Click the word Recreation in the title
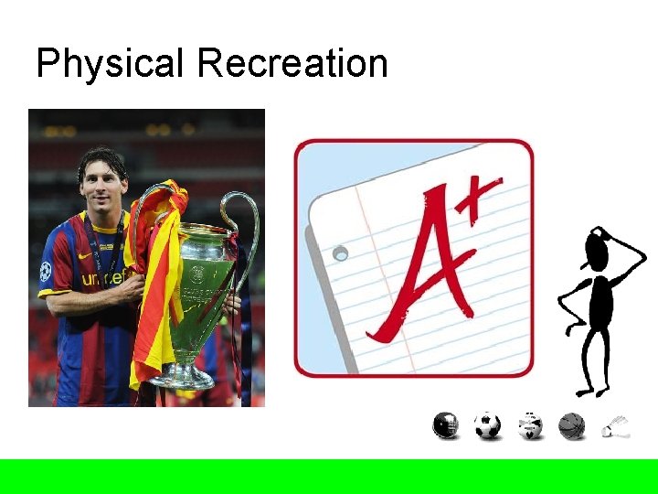tap(292, 64)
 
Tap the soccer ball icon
tap(488, 425)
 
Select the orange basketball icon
tap(571, 425)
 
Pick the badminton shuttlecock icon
tap(615, 426)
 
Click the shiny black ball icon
tap(446, 425)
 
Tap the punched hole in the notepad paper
tap(341, 252)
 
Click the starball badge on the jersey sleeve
tap(46, 271)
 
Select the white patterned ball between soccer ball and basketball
tap(530, 425)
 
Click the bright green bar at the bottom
tap(329, 476)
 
